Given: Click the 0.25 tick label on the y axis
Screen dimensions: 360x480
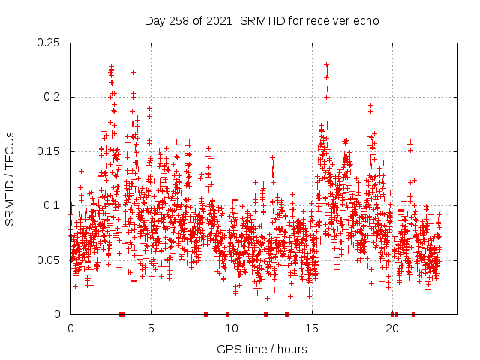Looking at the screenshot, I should [x=50, y=43].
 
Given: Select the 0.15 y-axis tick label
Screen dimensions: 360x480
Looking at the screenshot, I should [x=50, y=151].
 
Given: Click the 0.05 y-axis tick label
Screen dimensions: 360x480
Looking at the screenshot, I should [x=50, y=259].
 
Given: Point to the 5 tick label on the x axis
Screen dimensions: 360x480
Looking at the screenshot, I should [x=151, y=328].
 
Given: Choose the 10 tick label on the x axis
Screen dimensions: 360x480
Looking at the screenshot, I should [x=231, y=328].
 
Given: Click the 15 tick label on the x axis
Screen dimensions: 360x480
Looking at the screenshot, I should [x=311, y=328].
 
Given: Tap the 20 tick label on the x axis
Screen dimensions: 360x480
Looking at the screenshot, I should [x=392, y=328].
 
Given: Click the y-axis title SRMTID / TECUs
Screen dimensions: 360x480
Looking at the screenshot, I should [x=10, y=178].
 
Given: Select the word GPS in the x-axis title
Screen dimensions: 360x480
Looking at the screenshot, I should [x=228, y=349].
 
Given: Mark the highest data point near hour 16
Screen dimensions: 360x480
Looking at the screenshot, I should [x=326, y=64].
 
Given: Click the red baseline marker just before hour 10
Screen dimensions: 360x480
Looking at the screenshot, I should [x=228, y=313].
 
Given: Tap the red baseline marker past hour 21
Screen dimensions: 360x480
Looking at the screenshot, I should [x=413, y=313].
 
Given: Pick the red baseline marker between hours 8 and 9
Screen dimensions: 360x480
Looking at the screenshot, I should [x=205, y=313].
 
